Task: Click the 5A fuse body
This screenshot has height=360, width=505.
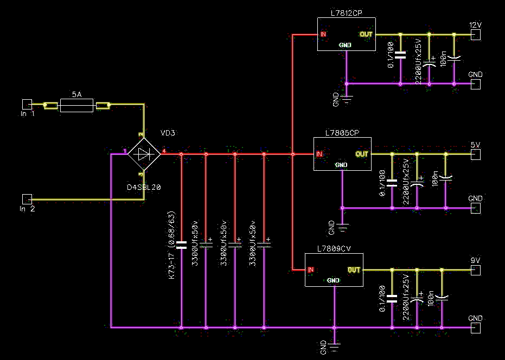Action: (76, 105)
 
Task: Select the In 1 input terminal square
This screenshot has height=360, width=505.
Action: (27, 104)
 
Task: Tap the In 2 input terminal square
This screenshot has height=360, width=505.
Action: (27, 199)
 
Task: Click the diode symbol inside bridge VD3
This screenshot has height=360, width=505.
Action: (144, 154)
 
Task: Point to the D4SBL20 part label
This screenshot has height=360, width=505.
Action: (144, 187)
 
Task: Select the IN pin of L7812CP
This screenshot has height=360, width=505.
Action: (323, 34)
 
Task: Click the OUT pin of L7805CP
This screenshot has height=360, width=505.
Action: (362, 154)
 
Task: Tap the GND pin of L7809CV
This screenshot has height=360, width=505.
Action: (333, 280)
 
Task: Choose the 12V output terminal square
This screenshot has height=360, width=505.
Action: (476, 35)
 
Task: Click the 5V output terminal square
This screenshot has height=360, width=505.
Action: (476, 155)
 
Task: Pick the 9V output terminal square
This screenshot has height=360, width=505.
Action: (476, 270)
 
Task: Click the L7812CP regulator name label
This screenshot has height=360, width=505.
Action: (347, 13)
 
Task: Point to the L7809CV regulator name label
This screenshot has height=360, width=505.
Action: (334, 249)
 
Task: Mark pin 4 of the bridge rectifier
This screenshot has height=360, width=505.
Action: (164, 151)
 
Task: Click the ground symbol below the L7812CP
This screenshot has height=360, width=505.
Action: (347, 100)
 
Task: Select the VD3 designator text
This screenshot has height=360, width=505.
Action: (168, 133)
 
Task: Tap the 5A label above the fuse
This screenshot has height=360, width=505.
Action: (76, 94)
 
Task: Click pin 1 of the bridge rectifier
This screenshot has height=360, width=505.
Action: (125, 151)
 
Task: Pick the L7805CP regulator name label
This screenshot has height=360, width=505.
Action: (342, 133)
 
